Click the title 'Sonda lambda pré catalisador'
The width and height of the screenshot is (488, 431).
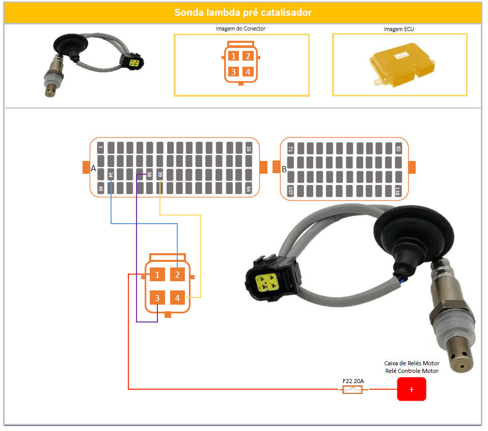[243, 12]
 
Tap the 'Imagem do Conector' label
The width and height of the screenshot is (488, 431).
[240, 29]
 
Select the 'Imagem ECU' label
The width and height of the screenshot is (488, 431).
[399, 29]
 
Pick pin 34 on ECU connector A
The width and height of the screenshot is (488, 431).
[111, 175]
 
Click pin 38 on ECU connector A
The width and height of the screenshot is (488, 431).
[149, 175]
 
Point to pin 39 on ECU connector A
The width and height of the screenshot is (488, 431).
[159, 175]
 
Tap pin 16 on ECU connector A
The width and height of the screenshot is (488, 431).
[249, 148]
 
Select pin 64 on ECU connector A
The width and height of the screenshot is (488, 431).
[249, 188]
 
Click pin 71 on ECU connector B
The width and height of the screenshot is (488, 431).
[290, 149]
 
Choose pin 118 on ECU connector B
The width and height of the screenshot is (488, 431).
[397, 191]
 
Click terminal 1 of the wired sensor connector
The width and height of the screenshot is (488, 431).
[157, 275]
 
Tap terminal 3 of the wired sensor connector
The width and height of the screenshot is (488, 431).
[157, 298]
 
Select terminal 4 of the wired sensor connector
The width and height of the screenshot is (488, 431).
[177, 298]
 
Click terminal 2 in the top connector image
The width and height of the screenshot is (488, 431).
[248, 56]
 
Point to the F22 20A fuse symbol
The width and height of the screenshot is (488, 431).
[353, 389]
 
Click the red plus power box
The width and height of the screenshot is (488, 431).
[412, 389]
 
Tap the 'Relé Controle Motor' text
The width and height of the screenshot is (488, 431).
[412, 371]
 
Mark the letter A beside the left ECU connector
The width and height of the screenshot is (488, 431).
[93, 168]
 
